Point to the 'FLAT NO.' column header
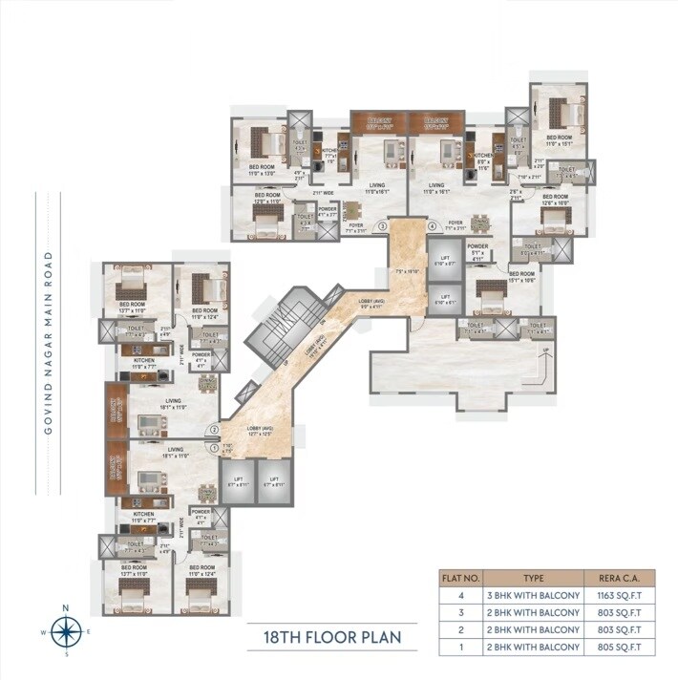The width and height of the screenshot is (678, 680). [x=456, y=577]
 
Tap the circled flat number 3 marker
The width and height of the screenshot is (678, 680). [x=382, y=226]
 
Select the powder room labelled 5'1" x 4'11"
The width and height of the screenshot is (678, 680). [x=478, y=253]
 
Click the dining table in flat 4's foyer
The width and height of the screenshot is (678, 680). [x=481, y=222]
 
